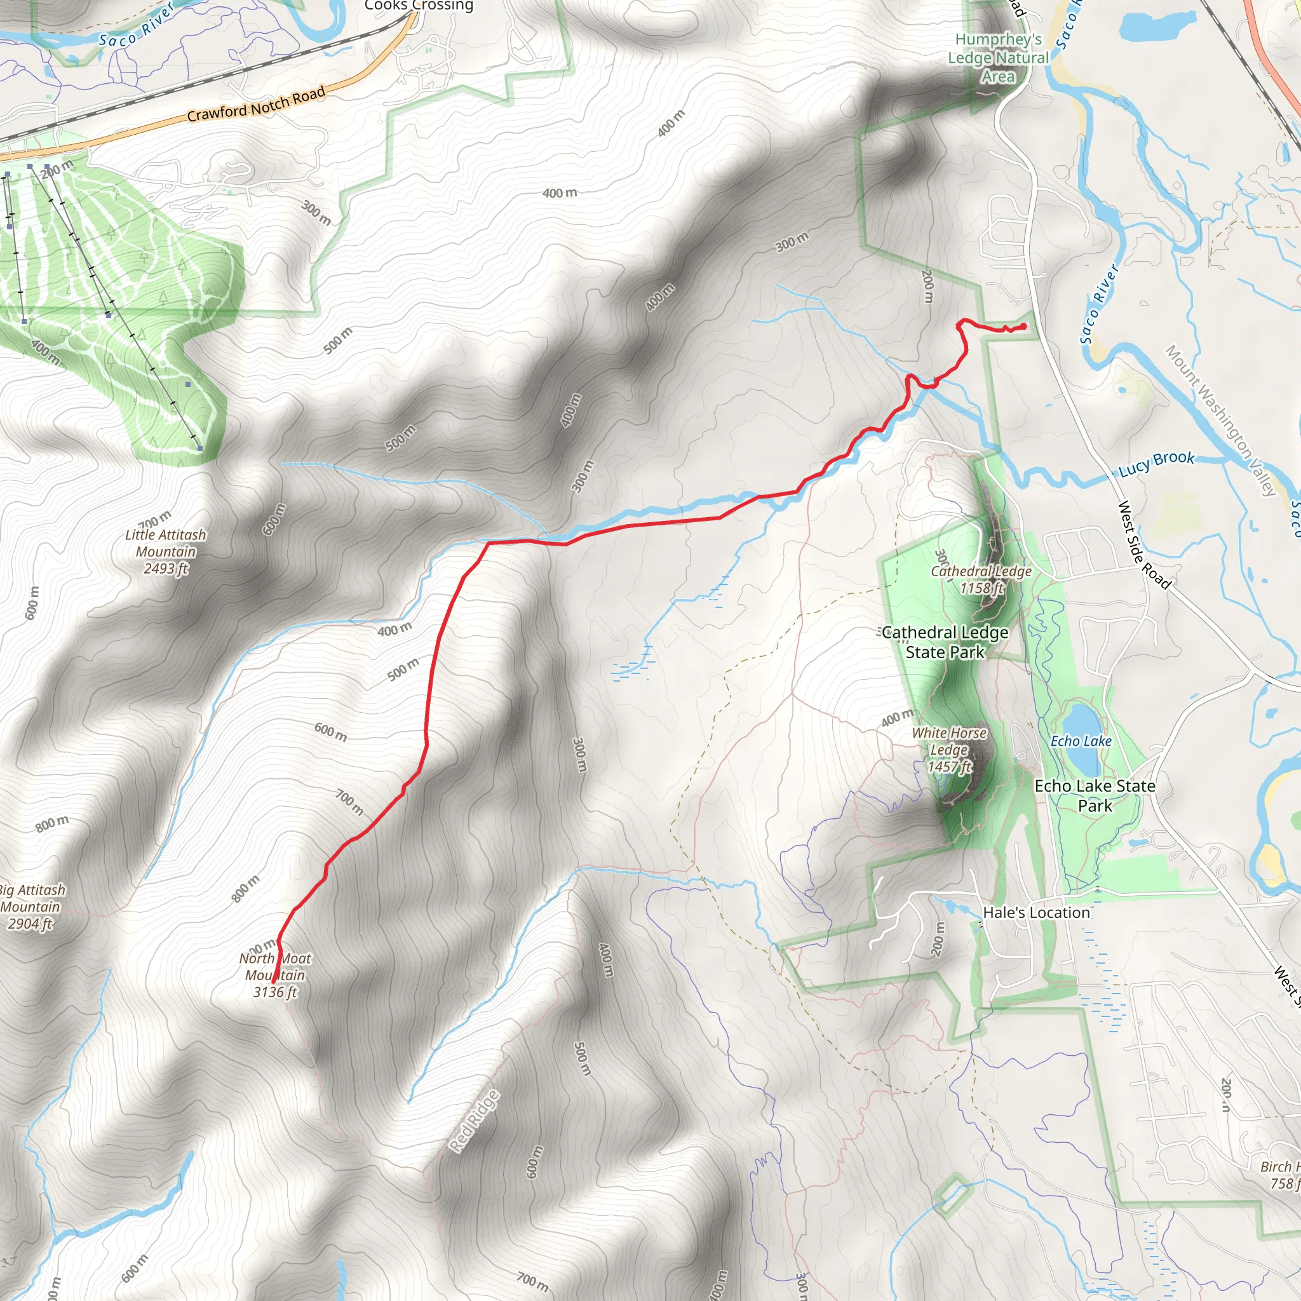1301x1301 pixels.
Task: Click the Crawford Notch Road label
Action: [x=256, y=104]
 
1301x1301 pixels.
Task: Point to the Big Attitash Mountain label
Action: [x=30, y=907]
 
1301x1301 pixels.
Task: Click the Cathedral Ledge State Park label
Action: [x=945, y=642]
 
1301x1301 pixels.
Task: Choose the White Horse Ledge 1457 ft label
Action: [x=950, y=750]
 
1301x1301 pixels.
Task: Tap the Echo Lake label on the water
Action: [x=1081, y=741]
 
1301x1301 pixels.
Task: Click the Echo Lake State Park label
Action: [x=1095, y=795]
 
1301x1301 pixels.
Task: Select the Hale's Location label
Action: [x=1036, y=912]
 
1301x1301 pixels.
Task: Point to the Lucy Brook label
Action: [x=1156, y=463]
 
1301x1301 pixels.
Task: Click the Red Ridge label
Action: [x=475, y=1121]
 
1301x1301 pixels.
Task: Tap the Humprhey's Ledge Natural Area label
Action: [x=998, y=58]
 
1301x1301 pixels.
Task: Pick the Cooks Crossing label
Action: [x=419, y=5]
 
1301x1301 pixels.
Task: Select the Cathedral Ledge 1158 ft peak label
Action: [x=981, y=579]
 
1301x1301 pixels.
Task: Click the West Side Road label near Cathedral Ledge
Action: [x=1144, y=544]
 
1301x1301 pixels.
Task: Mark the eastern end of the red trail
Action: [x=1023, y=327]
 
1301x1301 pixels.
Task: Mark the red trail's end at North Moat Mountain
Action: [x=274, y=986]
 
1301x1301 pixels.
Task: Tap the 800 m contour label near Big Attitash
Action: [x=52, y=823]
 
